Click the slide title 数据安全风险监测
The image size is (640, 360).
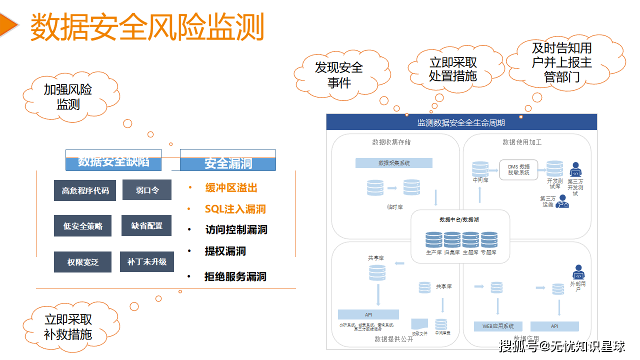[147, 27]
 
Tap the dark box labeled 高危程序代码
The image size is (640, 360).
[85, 190]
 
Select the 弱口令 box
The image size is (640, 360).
[147, 190]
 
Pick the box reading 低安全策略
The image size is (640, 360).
[82, 226]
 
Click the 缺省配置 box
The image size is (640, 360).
[146, 225]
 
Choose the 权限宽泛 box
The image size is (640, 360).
[82, 262]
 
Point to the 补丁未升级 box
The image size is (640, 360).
[146, 261]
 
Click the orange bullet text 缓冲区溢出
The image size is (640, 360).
[231, 188]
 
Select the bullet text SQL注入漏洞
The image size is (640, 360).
[235, 209]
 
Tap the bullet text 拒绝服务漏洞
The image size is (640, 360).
[235, 276]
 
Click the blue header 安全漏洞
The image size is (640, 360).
[228, 163]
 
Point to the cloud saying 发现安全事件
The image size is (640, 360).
[338, 74]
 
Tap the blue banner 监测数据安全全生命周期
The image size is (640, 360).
[461, 122]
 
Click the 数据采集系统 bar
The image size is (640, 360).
[394, 163]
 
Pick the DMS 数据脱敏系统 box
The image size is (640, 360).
[518, 169]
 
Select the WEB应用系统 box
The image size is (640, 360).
[498, 326]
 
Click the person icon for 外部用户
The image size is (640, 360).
[578, 272]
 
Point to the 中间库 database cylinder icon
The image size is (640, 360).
[480, 169]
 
